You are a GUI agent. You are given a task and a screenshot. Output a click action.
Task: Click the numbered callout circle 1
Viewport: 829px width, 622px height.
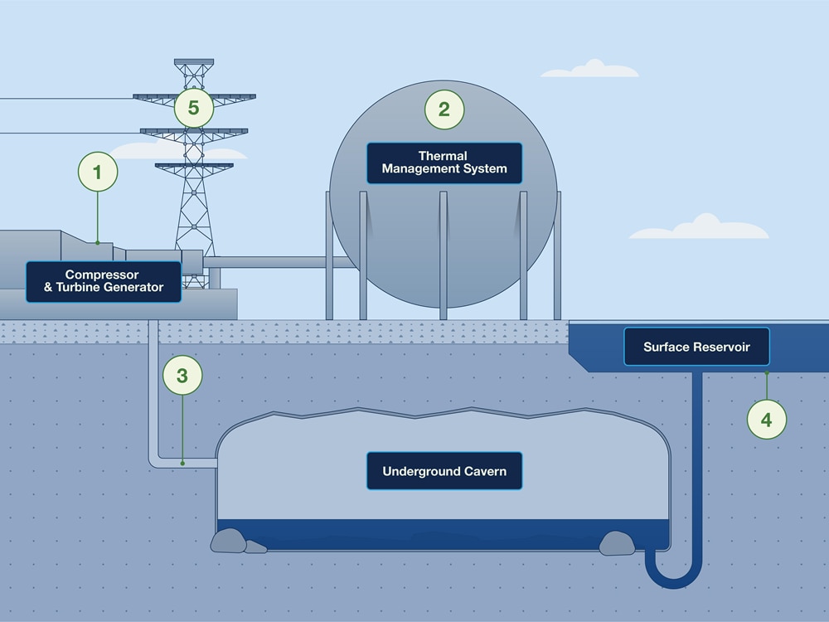98,173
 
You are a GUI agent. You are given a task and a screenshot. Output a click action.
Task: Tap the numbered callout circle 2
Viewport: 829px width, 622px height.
444,109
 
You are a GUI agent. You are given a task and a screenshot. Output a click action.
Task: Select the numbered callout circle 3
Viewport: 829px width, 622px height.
182,376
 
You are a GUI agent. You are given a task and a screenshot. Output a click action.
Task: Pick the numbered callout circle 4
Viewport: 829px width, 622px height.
766,420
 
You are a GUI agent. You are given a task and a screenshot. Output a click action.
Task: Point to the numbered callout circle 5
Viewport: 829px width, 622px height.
194,108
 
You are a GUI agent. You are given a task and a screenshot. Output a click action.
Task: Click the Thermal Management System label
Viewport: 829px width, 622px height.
444,163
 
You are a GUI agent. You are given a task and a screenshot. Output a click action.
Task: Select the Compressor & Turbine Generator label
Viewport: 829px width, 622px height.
104,281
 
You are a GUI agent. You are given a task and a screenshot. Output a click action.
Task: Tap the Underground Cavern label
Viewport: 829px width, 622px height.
444,471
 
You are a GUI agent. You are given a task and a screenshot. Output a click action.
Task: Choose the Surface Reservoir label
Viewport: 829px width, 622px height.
696,347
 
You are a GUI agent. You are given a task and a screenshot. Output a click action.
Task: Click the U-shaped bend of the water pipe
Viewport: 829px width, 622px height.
673,576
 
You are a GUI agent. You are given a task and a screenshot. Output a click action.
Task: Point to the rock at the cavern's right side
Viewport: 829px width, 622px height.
617,543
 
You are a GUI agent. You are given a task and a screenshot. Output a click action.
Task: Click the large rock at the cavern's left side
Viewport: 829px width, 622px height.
229,541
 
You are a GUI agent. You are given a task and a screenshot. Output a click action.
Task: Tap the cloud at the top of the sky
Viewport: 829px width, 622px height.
590,70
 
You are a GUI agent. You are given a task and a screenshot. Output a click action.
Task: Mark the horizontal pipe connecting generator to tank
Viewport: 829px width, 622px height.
274,262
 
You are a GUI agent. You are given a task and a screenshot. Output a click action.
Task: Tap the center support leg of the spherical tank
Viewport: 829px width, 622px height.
444,257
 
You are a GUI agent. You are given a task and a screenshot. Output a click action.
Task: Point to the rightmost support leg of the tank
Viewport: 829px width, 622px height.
557,257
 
